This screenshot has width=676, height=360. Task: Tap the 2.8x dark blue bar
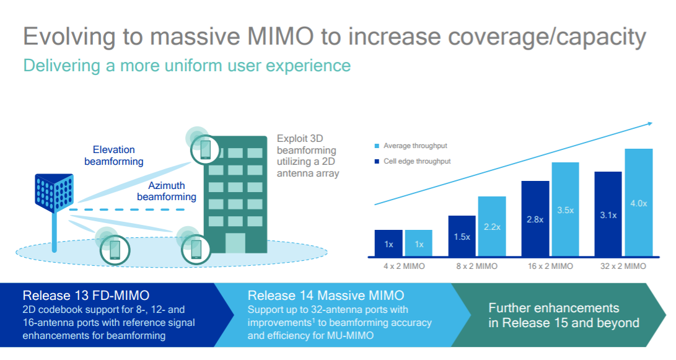click(x=535, y=219)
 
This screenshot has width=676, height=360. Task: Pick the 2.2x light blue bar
click(x=492, y=227)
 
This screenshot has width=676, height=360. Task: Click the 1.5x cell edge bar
click(x=462, y=237)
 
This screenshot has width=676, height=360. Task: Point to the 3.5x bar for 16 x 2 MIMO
click(x=565, y=210)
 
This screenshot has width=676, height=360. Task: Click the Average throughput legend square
click(x=377, y=146)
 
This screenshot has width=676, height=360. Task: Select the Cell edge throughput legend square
click(x=377, y=162)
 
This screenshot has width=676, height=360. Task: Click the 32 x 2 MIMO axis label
click(x=623, y=266)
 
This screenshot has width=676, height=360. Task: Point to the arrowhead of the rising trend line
click(x=649, y=123)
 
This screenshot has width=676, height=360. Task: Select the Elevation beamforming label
click(x=114, y=156)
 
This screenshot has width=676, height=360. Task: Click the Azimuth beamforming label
click(x=167, y=191)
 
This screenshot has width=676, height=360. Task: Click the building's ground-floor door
click(x=235, y=243)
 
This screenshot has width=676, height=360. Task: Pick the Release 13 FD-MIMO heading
click(x=86, y=295)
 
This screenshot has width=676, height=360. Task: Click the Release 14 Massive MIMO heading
click(x=325, y=295)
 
